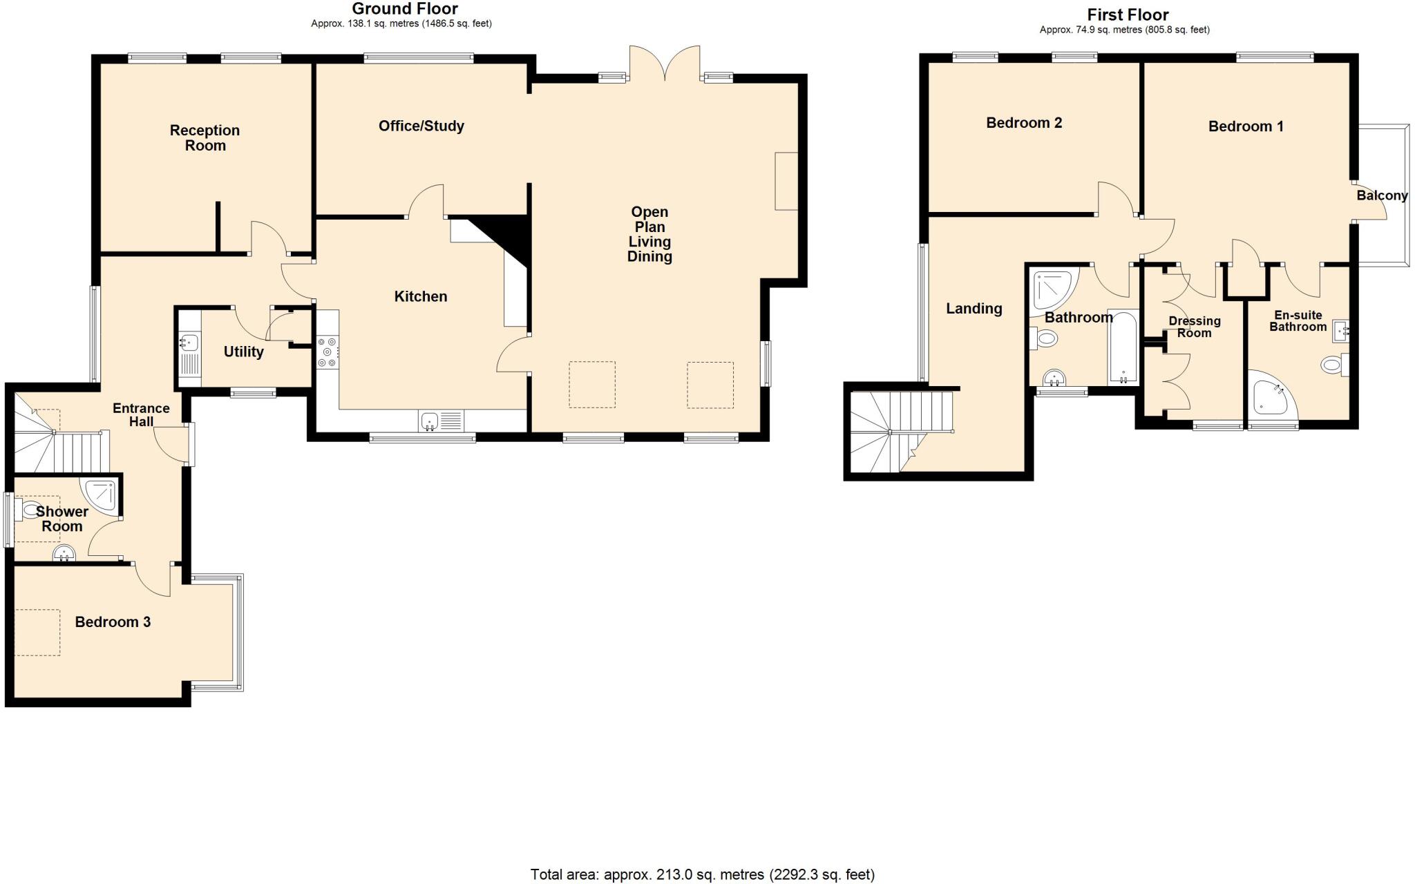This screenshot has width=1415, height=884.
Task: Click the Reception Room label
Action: pyautogui.click(x=205, y=137)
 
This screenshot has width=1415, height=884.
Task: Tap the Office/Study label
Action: pyautogui.click(x=421, y=126)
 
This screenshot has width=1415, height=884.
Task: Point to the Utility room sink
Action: pyautogui.click(x=188, y=343)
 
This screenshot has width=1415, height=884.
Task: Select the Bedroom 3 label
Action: pyautogui.click(x=113, y=622)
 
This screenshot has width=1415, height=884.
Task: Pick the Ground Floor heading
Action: pyautogui.click(x=404, y=9)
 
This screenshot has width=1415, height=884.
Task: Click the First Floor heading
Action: pyautogui.click(x=1128, y=15)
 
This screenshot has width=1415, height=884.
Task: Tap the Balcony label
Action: pyautogui.click(x=1382, y=195)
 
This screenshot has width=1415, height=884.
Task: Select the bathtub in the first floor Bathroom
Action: pyautogui.click(x=1123, y=347)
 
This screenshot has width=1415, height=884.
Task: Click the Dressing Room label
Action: pyautogui.click(x=1194, y=327)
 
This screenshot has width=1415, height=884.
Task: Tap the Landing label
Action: pyautogui.click(x=974, y=309)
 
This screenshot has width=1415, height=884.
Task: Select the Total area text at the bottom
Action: pyautogui.click(x=702, y=874)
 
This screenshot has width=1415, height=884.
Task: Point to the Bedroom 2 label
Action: pyautogui.click(x=1023, y=123)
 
